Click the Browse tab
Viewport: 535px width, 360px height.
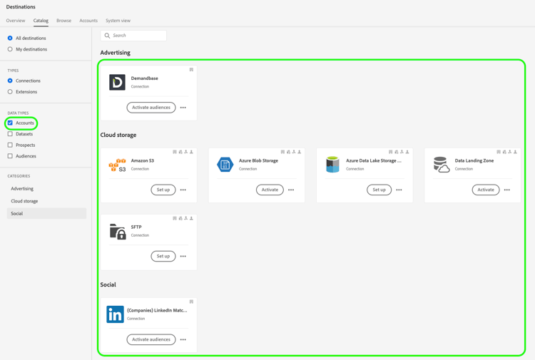click(63, 21)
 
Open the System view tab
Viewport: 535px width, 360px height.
click(118, 21)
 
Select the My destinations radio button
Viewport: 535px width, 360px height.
click(10, 49)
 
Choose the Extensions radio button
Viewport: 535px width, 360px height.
click(10, 92)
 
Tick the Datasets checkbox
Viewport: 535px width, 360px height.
click(10, 134)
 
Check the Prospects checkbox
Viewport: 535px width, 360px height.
click(10, 145)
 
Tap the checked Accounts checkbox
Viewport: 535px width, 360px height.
click(10, 123)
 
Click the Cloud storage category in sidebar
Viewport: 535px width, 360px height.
click(24, 201)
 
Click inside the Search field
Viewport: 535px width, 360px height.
click(136, 36)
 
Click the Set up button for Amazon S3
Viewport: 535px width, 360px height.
click(163, 190)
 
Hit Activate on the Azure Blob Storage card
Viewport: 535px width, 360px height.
click(270, 190)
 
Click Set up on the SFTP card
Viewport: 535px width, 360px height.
click(163, 256)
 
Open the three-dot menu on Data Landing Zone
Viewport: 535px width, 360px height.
click(507, 190)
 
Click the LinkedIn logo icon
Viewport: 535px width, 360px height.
click(115, 314)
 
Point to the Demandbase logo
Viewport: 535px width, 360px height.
click(117, 82)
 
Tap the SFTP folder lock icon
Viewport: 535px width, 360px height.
click(118, 231)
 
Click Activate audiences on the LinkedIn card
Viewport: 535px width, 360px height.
click(151, 339)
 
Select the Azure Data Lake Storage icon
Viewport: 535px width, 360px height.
click(332, 165)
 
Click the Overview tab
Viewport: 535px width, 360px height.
click(16, 21)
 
